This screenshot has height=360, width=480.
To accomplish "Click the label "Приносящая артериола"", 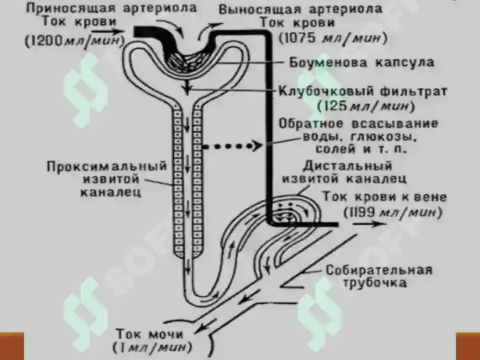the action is (x=111, y=8).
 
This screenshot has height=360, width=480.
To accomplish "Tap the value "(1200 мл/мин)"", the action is (x=75, y=41).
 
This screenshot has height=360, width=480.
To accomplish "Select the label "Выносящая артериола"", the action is (x=301, y=9).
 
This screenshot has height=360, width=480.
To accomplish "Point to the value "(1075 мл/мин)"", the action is (x=333, y=38).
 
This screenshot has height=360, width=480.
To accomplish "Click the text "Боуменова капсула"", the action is (x=362, y=63).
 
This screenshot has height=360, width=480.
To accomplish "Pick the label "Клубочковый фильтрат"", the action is (x=363, y=91).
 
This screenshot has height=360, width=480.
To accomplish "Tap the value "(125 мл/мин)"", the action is (x=366, y=106).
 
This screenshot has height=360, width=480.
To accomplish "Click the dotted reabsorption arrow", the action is (x=233, y=146).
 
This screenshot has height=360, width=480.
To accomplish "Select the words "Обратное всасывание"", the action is (x=359, y=124).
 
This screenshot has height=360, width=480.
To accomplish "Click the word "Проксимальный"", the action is (x=107, y=166).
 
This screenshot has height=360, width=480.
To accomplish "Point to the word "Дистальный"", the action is (x=347, y=165).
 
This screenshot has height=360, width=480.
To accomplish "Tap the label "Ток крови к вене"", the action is (x=385, y=197).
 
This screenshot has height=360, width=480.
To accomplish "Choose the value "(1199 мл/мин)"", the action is (x=393, y=212).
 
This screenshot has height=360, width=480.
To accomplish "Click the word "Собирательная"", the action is (x=379, y=270).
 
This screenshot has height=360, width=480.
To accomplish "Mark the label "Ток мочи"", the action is (x=150, y=334).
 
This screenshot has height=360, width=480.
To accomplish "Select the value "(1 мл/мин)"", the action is (x=152, y=347).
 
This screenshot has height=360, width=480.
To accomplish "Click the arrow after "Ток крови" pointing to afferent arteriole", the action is (x=108, y=31).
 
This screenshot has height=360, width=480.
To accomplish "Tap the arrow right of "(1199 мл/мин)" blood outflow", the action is (x=369, y=224).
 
